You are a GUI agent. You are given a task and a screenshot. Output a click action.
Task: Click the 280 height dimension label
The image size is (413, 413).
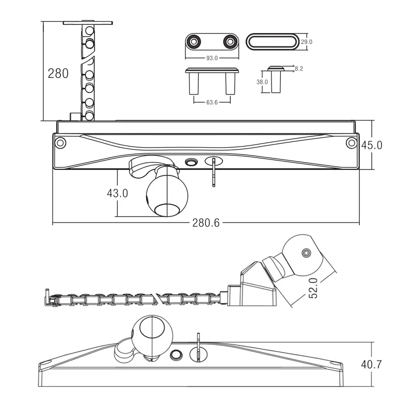pos(58,73)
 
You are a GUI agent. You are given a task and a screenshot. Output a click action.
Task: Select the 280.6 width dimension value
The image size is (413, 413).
pos(206,223)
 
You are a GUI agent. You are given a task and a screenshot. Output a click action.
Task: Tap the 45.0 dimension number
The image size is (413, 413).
pos(372,145)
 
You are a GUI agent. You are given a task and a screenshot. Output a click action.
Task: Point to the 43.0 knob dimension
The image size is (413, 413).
pos(117,193)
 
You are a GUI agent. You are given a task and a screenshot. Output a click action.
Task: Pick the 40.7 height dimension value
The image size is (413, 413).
pos(372,364)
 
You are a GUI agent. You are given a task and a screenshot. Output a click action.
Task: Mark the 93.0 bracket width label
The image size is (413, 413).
pos(212,58)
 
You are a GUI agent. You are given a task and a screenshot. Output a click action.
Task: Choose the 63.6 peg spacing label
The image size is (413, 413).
pos(212,102)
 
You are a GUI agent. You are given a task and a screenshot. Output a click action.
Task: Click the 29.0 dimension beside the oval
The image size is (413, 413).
pos(307,42)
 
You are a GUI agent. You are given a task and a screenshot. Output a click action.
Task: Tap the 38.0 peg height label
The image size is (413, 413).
pos(262,82)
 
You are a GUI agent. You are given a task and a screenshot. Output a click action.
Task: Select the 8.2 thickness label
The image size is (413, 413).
pos(299,68)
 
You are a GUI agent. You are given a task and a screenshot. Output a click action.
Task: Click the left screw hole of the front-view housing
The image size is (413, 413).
pos(60,142)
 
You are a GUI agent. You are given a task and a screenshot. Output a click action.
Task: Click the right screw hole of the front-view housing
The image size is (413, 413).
pos(352,142)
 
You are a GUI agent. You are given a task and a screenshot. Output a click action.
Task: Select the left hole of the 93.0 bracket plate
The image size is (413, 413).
pos(194,41)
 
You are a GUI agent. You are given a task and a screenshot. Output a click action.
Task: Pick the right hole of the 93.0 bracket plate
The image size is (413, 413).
pos(229,41)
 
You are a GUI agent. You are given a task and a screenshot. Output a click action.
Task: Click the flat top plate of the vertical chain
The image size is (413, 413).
pos(88,23)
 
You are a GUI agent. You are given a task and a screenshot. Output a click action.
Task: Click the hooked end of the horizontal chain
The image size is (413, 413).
pos(49,297)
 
